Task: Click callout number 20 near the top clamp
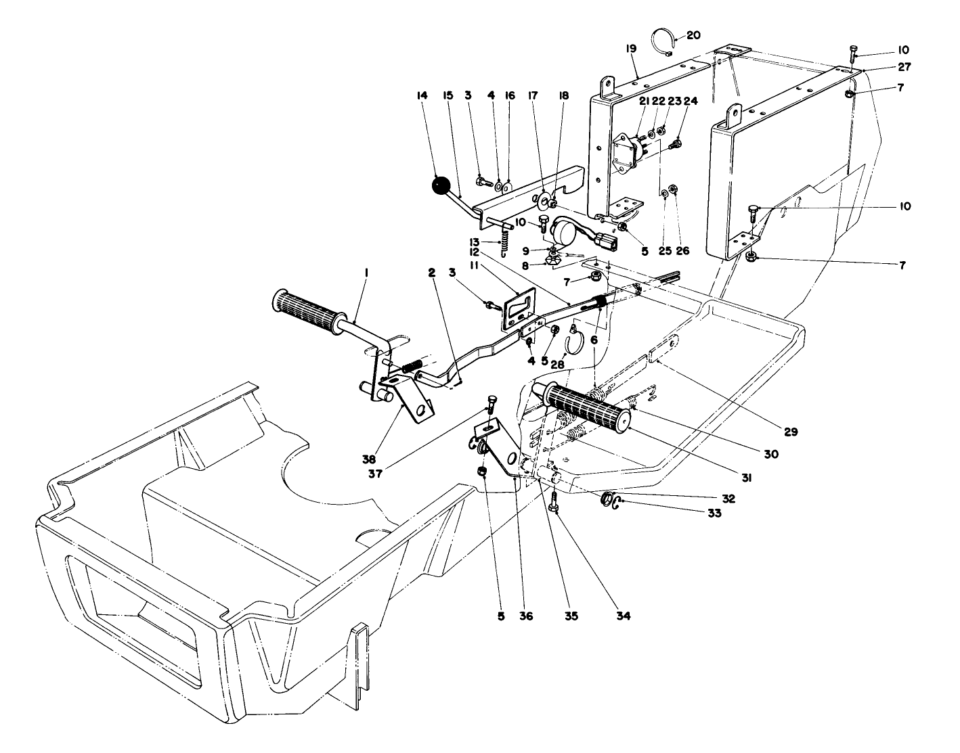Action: tap(695, 35)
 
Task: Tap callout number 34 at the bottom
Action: tap(623, 616)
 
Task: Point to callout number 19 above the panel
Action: tap(630, 49)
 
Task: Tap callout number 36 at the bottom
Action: tap(526, 616)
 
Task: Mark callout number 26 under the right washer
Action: tap(682, 251)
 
